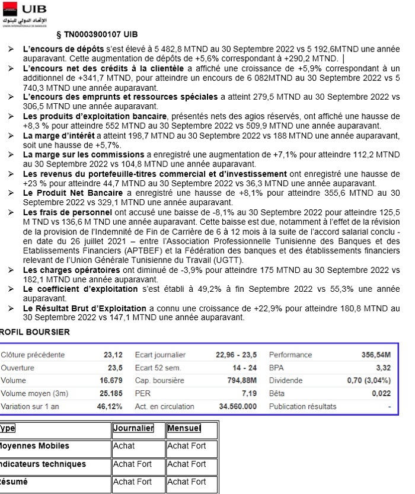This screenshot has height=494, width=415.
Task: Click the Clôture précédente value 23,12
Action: [x=113, y=355]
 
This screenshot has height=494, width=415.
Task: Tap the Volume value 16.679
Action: [x=111, y=380]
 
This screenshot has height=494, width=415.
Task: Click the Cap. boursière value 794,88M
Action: [x=239, y=380]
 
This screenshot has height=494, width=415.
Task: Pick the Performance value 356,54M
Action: [x=375, y=355]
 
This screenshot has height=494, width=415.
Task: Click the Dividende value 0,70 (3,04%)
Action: [x=369, y=380]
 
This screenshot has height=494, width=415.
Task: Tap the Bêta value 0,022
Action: [x=381, y=393]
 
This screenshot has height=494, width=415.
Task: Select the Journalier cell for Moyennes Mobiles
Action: [x=124, y=446]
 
